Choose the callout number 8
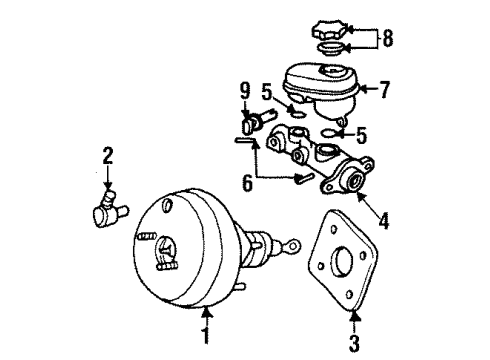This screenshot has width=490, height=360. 387,40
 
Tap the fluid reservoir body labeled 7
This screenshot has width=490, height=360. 320,88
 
